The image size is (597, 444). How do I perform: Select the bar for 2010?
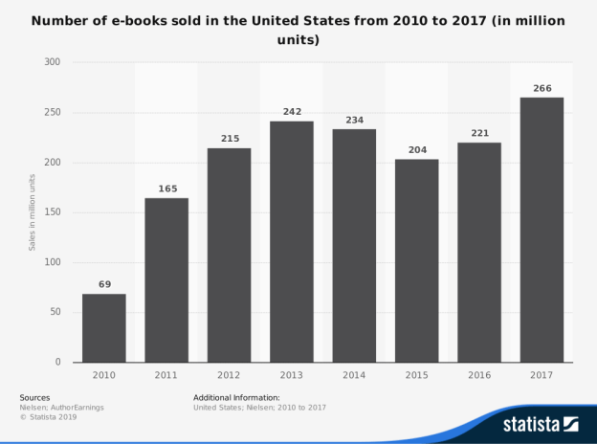(x=103, y=327)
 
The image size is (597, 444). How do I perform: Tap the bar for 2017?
(x=542, y=230)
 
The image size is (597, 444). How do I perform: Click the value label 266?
(x=542, y=88)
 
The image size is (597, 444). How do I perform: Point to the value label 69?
(x=103, y=284)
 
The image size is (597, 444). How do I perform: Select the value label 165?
(x=166, y=189)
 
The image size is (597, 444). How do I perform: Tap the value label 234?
(x=354, y=120)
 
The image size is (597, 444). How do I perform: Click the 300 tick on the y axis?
(x=52, y=62)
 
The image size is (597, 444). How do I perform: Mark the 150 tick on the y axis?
(x=52, y=212)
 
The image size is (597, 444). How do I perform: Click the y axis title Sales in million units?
(x=32, y=211)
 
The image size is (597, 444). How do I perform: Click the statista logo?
(x=542, y=422)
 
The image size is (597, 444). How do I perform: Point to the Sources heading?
(x=34, y=397)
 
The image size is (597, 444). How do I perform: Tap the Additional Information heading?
(x=236, y=397)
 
